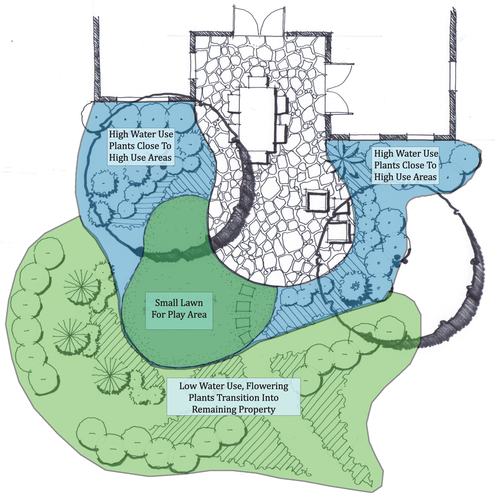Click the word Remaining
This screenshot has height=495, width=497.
pyautogui.click(x=212, y=410)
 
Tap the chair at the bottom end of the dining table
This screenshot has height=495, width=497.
pyautogui.click(x=260, y=157)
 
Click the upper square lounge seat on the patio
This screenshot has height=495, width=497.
pyautogui.click(x=318, y=201)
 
